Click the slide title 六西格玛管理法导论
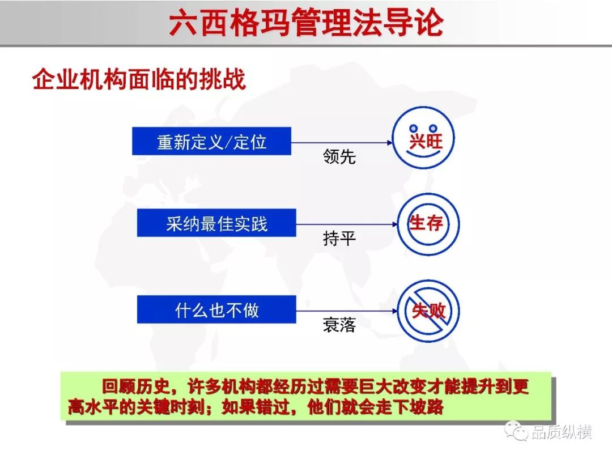[x=307, y=22]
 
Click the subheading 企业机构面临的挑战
[x=139, y=79]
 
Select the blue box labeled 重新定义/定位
[x=211, y=141]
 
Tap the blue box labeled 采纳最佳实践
[x=216, y=223]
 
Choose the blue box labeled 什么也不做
[x=216, y=309]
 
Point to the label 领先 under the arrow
[x=339, y=156]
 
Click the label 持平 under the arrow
[x=339, y=238]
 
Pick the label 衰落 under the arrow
[x=339, y=325]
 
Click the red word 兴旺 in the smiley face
[x=426, y=141]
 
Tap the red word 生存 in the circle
[x=426, y=223]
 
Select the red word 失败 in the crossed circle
[x=428, y=311]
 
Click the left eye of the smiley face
[x=414, y=128]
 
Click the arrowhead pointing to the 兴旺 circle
[x=389, y=143]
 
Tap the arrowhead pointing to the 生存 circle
[x=394, y=224]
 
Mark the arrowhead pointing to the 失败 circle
[x=394, y=311]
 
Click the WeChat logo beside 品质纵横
[x=516, y=431]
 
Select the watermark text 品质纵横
[x=561, y=432]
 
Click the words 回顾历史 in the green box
[x=136, y=386]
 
